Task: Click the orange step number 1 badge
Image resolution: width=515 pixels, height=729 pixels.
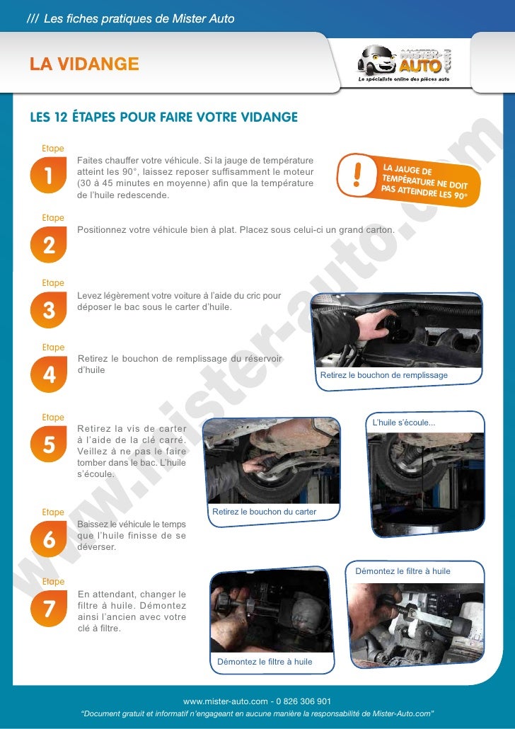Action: click(x=48, y=175)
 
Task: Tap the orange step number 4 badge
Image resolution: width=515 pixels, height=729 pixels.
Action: click(x=48, y=374)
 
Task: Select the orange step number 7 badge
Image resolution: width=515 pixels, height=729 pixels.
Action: click(x=48, y=609)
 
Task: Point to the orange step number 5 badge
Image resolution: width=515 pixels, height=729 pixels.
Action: click(x=48, y=444)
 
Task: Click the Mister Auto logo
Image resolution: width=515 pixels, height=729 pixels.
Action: click(x=404, y=63)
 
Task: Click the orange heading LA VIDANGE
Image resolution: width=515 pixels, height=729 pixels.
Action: click(x=84, y=64)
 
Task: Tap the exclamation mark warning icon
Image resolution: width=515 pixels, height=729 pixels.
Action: click(x=357, y=174)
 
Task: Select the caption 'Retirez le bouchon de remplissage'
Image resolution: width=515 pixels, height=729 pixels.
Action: click(x=384, y=375)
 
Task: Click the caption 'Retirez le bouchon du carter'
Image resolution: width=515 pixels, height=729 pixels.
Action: click(x=264, y=512)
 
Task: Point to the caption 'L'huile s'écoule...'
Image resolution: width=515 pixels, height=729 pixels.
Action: click(x=404, y=423)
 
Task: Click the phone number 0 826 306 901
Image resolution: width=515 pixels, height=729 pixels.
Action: click(x=303, y=701)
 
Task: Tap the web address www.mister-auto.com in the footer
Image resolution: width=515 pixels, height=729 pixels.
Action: click(x=226, y=701)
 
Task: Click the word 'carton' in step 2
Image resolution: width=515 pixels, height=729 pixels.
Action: click(x=378, y=230)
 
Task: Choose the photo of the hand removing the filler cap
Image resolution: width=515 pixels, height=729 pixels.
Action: click(x=397, y=331)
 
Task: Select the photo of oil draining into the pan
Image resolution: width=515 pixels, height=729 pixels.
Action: click(x=426, y=483)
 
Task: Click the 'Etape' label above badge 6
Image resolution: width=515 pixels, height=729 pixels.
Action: click(x=53, y=512)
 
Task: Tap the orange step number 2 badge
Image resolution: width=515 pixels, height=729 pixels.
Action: click(x=48, y=245)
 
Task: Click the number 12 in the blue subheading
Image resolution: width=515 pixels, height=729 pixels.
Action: click(x=60, y=117)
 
